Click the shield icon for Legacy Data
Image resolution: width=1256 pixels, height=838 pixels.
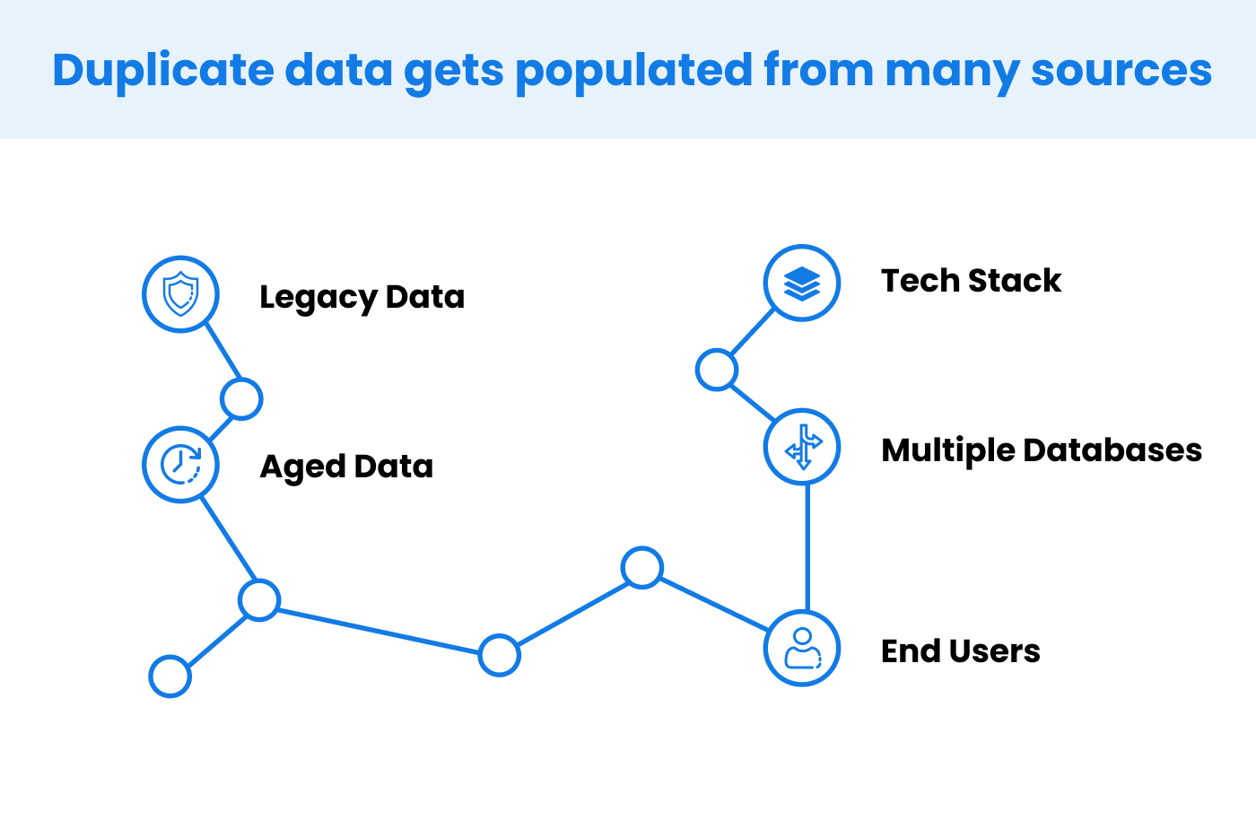[180, 294]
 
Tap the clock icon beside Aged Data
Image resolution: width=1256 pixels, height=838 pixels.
[180, 465]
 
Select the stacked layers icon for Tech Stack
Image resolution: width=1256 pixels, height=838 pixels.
[802, 283]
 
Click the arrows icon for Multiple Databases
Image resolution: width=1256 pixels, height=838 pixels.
[802, 447]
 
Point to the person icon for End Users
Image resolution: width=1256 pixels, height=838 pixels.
[802, 649]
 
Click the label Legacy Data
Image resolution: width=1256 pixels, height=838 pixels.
[362, 297]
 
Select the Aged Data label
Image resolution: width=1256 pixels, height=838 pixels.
[346, 467]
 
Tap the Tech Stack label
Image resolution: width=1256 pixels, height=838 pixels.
[971, 281]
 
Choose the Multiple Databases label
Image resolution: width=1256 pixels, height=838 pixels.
[1042, 451]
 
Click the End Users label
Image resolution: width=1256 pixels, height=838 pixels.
[961, 651]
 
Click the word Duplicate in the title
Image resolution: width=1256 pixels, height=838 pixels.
[163, 71]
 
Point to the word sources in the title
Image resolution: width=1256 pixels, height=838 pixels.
[1121, 72]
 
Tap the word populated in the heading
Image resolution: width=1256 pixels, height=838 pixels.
[633, 72]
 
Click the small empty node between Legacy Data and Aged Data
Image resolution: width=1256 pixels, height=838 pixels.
[241, 398]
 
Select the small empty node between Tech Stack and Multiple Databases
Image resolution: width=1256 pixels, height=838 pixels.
[717, 370]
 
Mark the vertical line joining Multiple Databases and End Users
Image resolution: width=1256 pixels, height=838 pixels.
[807, 547]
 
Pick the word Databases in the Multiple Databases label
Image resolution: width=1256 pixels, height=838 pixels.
[1112, 450]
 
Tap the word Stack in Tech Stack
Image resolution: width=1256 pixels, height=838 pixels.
[1015, 281]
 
